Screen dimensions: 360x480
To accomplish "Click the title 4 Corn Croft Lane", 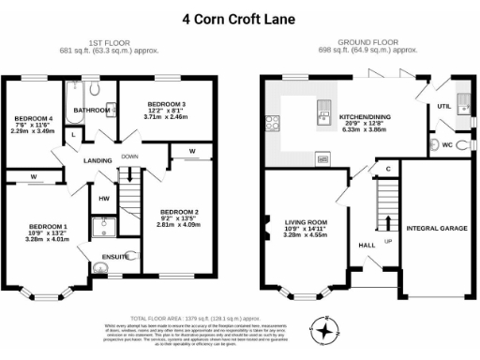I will tap(240, 18).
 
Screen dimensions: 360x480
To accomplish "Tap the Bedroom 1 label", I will tap(48, 227).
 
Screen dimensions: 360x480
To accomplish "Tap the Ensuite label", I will tap(117, 255).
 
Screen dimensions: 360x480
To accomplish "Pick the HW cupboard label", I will tap(103, 198).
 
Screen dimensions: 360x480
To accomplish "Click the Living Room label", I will tap(304, 222).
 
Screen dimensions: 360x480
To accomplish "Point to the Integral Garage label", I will tap(436, 228).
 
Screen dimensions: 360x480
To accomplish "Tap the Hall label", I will tap(367, 245).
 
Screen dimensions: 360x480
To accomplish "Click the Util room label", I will tap(443, 107).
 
